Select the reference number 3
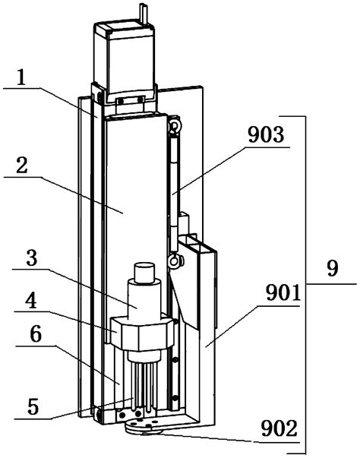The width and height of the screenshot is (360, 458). tap(31, 259)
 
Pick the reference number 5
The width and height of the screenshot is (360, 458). tap(31, 405)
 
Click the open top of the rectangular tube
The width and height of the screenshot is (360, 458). tap(199, 245)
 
